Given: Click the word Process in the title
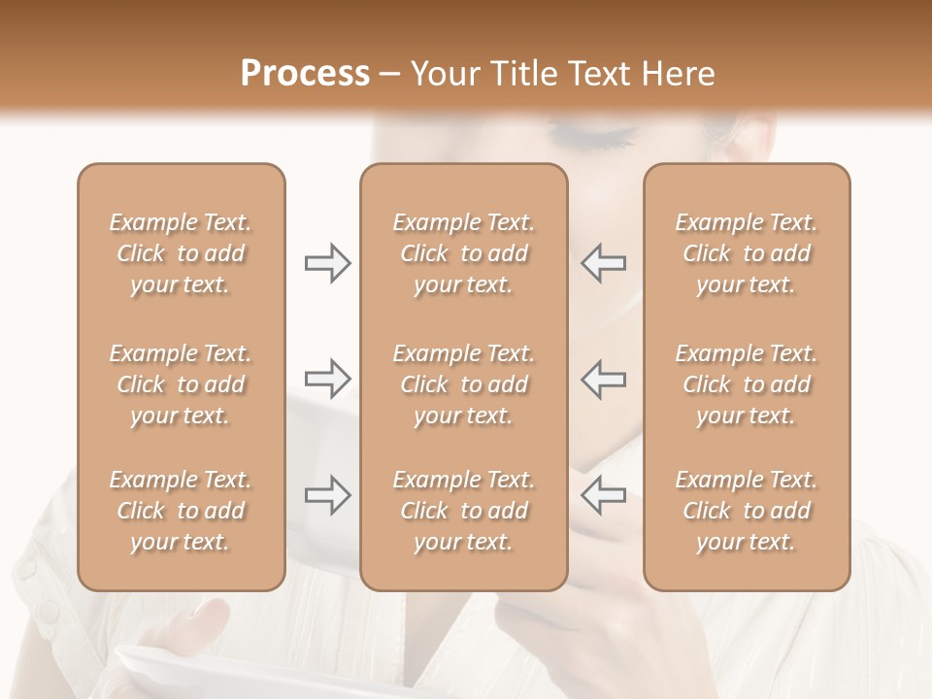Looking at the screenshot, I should [305, 74].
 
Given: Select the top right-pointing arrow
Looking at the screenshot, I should [327, 263].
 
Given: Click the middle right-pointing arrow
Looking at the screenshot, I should [327, 379].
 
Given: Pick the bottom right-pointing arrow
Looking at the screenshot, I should [327, 495].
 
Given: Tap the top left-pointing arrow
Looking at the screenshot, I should [603, 263].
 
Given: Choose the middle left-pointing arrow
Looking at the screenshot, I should [603, 379].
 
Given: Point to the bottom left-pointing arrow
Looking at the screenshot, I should [603, 495].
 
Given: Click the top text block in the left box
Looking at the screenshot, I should [181, 253].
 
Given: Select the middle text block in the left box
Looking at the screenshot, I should [181, 384].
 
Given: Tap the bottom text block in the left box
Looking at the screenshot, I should [181, 511].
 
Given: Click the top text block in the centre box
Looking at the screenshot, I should [464, 253].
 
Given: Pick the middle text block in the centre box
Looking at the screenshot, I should [464, 384].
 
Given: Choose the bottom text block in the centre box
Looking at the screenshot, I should [464, 511].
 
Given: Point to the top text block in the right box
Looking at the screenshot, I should [747, 253].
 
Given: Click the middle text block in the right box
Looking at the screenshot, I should [747, 384].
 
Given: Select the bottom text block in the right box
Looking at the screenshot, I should [747, 511].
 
